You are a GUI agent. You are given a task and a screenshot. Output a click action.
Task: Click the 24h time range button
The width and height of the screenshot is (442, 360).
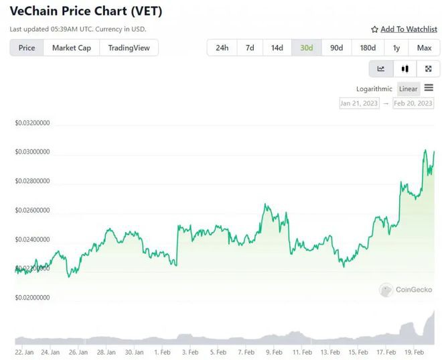(x=222, y=48)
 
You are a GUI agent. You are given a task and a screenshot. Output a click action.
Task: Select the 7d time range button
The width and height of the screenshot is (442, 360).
(x=250, y=48)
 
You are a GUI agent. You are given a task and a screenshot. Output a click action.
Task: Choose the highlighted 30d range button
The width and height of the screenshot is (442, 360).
(x=307, y=48)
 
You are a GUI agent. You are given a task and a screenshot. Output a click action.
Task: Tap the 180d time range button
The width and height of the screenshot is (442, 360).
(x=368, y=48)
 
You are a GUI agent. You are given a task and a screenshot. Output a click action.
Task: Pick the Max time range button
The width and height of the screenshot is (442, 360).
(x=424, y=48)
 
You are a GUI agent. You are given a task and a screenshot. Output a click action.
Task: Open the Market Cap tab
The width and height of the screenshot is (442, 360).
(x=72, y=48)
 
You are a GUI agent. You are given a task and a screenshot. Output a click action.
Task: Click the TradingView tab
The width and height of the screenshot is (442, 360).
(x=129, y=48)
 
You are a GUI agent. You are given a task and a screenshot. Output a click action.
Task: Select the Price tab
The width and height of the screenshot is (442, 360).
(x=27, y=48)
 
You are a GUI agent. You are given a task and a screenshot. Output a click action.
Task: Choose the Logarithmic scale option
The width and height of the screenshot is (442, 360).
(x=374, y=88)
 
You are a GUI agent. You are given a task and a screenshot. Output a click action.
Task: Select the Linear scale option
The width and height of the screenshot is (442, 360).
(x=408, y=88)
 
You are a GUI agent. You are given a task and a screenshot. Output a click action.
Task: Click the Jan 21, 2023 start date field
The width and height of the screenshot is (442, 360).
(x=359, y=103)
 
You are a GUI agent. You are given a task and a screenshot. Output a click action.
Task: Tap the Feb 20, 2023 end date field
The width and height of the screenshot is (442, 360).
(x=413, y=103)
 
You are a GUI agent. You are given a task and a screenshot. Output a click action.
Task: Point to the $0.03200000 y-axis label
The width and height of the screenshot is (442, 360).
(x=33, y=123)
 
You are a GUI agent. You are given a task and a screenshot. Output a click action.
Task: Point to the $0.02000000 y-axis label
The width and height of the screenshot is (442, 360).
(x=33, y=298)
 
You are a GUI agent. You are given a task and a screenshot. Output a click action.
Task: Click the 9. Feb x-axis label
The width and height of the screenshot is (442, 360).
(x=274, y=351)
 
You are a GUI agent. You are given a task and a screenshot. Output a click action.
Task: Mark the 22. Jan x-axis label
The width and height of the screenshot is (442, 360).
(x=24, y=351)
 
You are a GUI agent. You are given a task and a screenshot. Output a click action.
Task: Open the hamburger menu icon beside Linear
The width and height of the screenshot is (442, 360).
(x=429, y=88)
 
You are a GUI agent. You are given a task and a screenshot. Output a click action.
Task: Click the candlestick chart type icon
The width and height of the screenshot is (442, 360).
(x=404, y=68)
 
